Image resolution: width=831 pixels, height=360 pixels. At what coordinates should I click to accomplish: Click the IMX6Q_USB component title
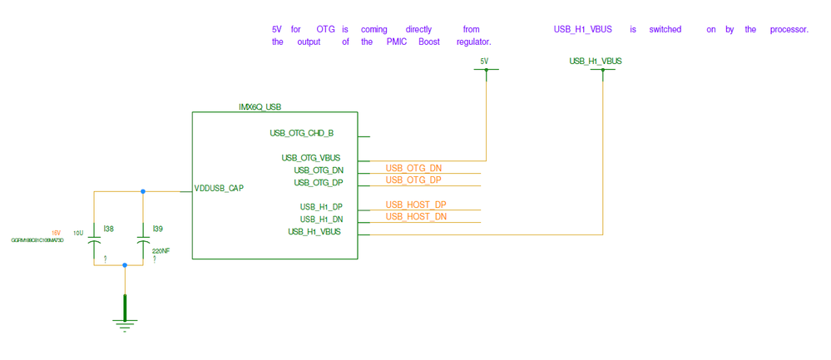260,106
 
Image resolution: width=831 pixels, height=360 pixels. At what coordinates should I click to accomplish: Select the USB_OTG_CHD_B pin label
301,133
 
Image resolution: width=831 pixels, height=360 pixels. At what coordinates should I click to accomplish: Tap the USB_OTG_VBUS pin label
310,158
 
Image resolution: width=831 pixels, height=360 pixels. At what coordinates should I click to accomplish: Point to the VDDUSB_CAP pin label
219,188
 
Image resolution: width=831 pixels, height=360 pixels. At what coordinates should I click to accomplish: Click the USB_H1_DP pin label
321,207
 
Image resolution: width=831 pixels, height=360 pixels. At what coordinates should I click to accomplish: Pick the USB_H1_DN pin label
321,219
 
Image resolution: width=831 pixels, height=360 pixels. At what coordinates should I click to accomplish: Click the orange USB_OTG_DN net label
413,169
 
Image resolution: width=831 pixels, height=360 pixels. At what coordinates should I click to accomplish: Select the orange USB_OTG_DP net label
413,180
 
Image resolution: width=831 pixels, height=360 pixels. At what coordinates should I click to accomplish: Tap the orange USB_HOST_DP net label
416,205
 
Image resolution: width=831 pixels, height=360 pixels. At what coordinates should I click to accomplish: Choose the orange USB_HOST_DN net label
416,216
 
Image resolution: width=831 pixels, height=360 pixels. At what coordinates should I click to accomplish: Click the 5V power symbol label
485,61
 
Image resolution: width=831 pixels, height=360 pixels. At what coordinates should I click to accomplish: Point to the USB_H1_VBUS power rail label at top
596,61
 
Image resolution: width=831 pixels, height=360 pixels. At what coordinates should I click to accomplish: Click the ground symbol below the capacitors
125,323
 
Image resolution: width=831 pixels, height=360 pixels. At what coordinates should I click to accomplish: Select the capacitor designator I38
108,228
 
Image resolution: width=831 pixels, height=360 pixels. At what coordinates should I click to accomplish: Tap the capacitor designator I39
158,228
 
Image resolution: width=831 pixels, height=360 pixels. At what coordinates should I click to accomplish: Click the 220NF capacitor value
161,250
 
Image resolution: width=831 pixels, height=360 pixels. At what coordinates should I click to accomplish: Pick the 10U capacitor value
78,233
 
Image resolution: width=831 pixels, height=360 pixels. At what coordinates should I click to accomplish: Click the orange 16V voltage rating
56,233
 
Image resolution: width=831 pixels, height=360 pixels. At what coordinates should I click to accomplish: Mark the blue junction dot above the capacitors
143,192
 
